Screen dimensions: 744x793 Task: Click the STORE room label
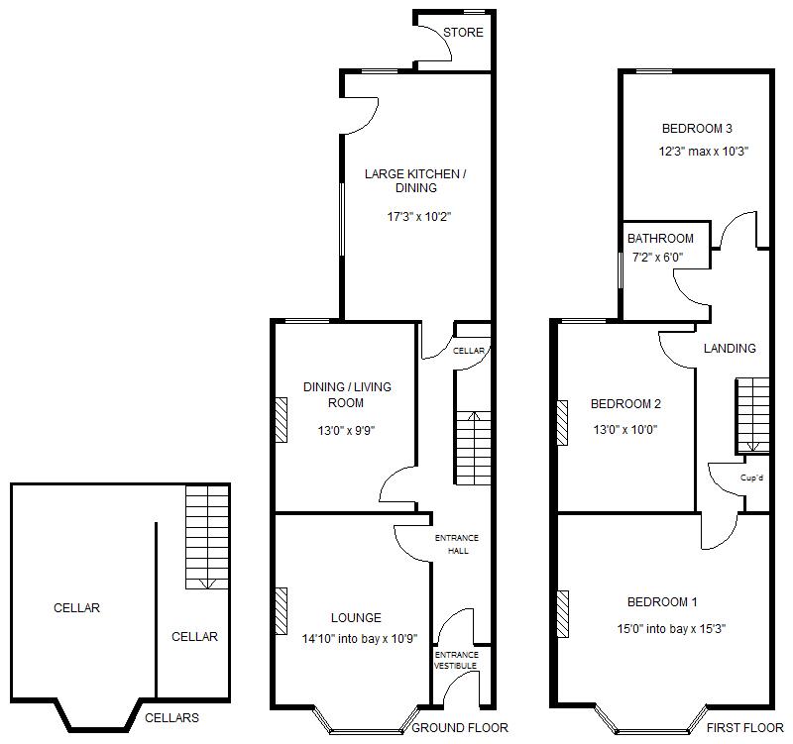pyautogui.click(x=463, y=33)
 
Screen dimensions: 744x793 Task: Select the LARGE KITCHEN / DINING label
pyautogui.click(x=414, y=181)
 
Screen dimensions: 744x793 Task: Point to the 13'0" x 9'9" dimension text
pyautogui.click(x=345, y=430)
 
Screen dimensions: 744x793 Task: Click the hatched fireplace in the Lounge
pyautogui.click(x=281, y=606)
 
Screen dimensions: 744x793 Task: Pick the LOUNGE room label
pyautogui.click(x=356, y=618)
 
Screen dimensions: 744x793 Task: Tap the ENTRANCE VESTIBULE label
pyautogui.click(x=457, y=661)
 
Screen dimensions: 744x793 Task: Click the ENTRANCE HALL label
pyautogui.click(x=457, y=544)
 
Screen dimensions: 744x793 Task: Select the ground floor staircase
pyautogui.click(x=473, y=448)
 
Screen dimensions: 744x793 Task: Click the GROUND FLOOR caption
pyautogui.click(x=460, y=728)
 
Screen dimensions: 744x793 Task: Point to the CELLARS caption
pyautogui.click(x=171, y=718)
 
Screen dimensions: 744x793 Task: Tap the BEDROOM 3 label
pyautogui.click(x=697, y=129)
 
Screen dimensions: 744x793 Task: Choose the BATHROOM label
pyautogui.click(x=660, y=239)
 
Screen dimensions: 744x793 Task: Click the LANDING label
pyautogui.click(x=730, y=349)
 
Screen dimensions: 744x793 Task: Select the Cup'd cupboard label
pyautogui.click(x=751, y=478)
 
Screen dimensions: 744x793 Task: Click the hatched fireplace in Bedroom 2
pyautogui.click(x=563, y=423)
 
